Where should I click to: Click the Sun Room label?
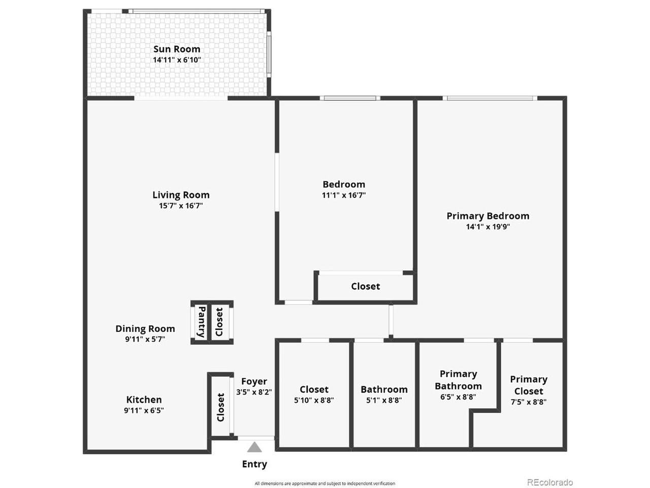[177, 49]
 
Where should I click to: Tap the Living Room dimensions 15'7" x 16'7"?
[181, 206]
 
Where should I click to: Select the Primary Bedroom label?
[487, 216]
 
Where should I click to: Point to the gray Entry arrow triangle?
[254, 447]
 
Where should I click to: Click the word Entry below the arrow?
[254, 464]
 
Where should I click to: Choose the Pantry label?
[202, 322]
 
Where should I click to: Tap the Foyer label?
[254, 381]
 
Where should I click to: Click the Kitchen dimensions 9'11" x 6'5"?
[144, 410]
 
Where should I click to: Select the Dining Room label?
[145, 328]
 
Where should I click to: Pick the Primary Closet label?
[529, 385]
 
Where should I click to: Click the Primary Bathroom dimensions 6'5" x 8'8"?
[458, 397]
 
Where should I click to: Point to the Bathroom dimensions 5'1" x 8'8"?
[384, 400]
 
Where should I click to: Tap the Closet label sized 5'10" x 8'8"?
[314, 389]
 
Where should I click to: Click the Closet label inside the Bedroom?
[366, 286]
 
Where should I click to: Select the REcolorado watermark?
[550, 482]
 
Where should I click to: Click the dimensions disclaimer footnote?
[325, 483]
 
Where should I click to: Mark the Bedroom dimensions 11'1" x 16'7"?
[344, 195]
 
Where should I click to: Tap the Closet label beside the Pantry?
[219, 322]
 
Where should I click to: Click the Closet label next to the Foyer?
[220, 407]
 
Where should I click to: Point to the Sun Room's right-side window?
[269, 54]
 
